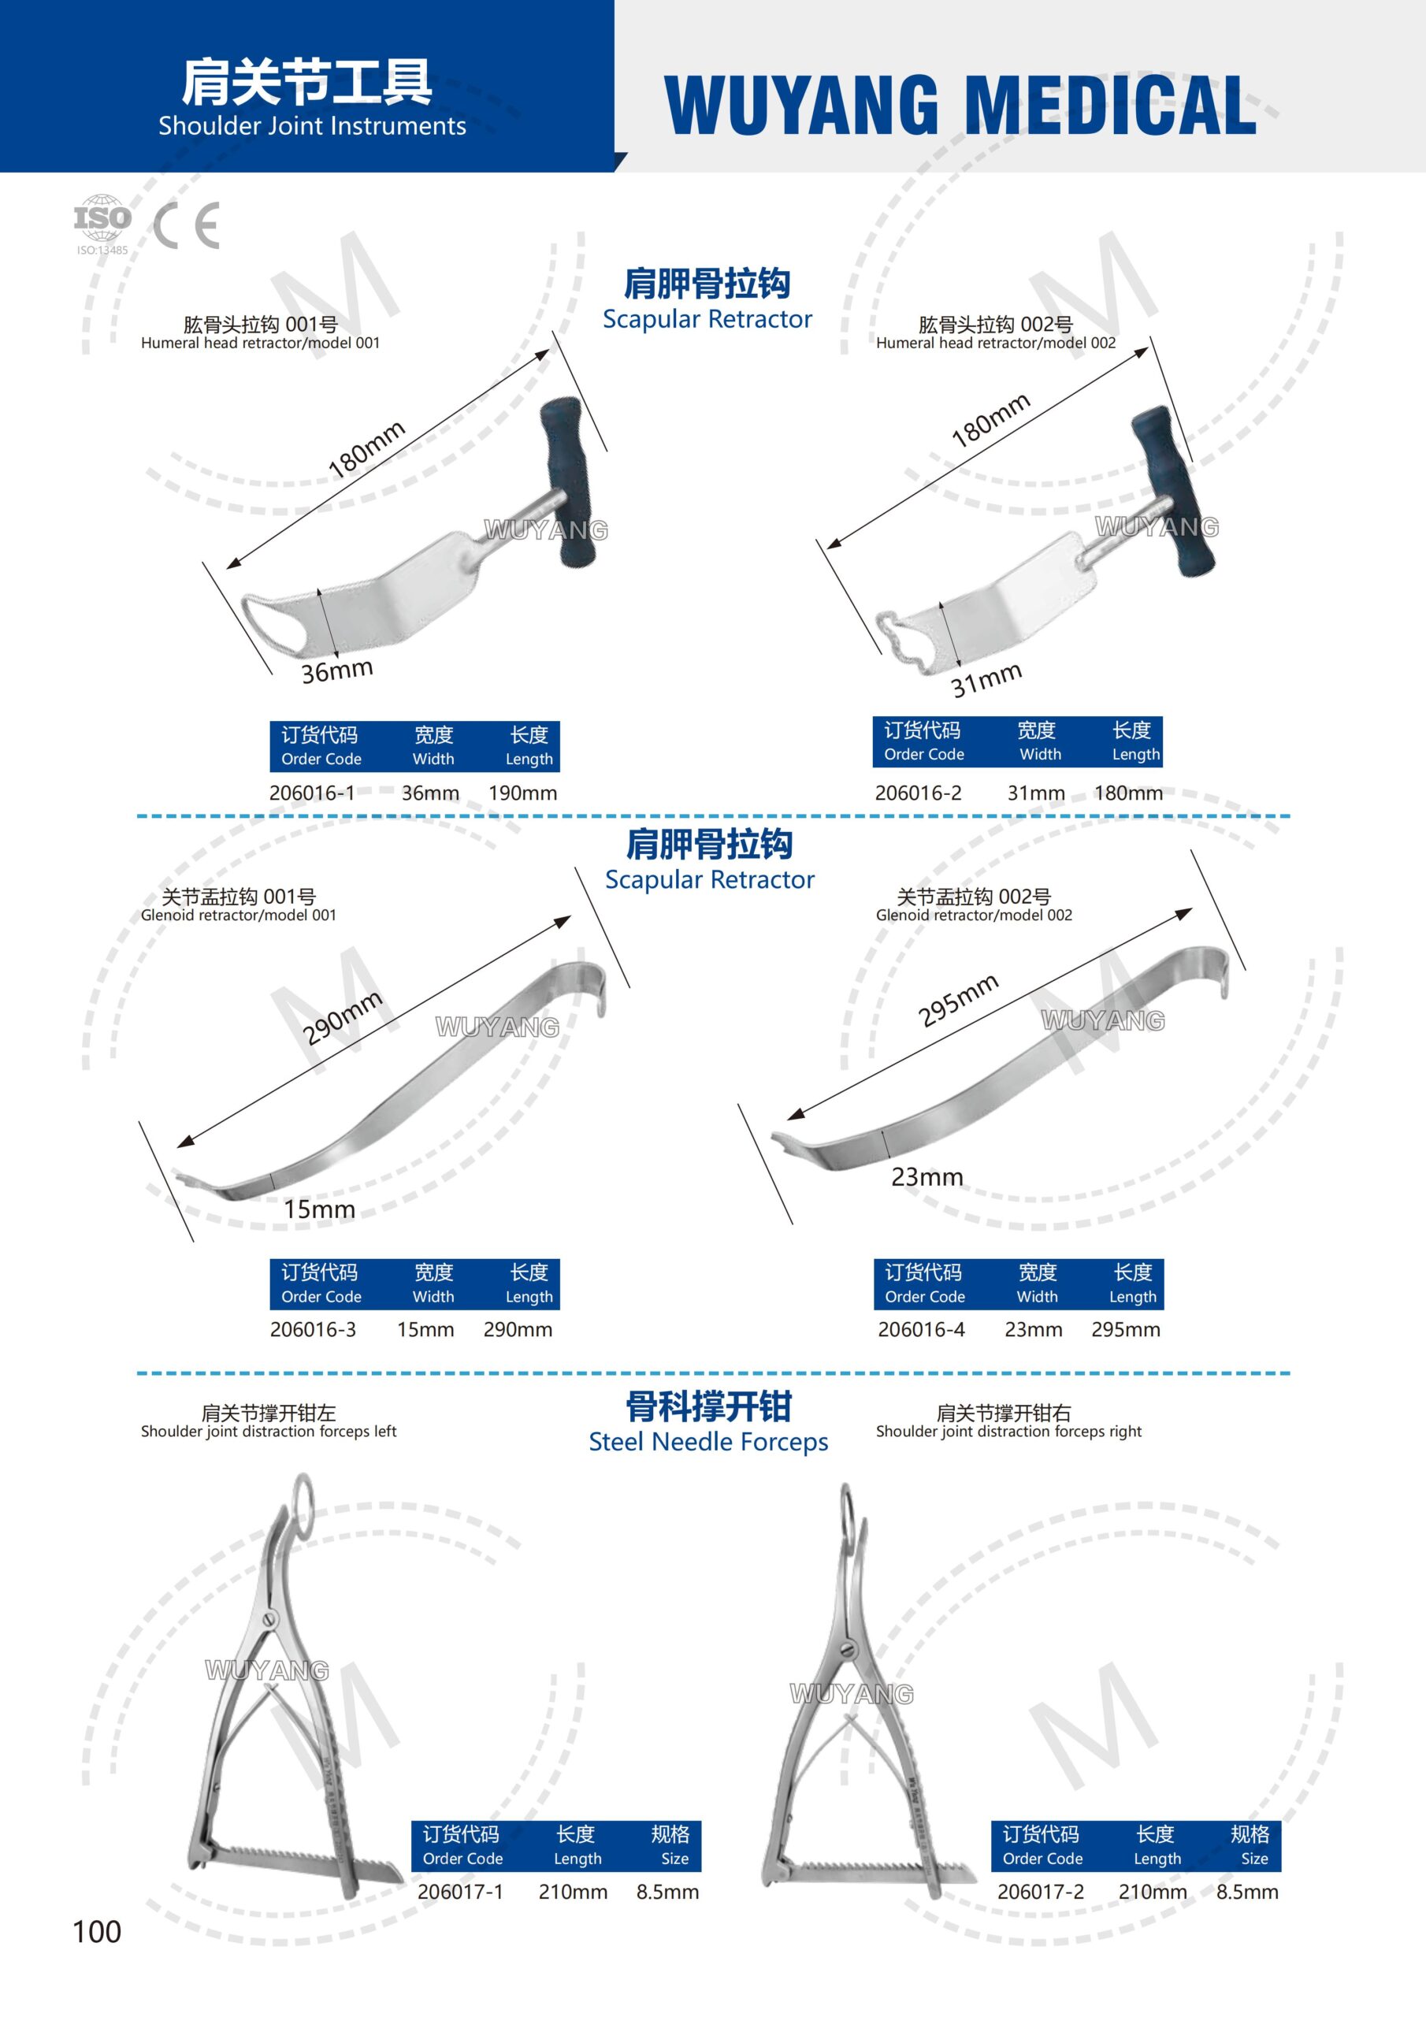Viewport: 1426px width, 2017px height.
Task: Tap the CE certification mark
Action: (x=186, y=226)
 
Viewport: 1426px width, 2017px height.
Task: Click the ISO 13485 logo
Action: (x=102, y=225)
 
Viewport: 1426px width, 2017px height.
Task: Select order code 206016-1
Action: (x=312, y=793)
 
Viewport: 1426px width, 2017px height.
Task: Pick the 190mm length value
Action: (x=523, y=793)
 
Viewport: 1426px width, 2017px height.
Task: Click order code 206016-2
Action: (x=918, y=793)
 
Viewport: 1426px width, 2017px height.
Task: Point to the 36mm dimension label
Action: (x=337, y=671)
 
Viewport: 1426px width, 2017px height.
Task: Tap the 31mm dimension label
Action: (x=986, y=679)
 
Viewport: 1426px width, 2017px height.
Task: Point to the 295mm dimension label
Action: (x=958, y=1000)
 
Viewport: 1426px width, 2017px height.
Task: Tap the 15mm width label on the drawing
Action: (x=319, y=1209)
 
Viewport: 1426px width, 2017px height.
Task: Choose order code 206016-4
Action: (x=921, y=1330)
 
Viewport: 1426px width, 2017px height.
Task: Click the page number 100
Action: (x=97, y=1932)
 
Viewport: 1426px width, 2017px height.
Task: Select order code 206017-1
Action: (x=460, y=1893)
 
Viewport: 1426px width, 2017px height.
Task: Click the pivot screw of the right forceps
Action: (x=848, y=1649)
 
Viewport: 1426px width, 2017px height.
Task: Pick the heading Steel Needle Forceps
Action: (x=708, y=1443)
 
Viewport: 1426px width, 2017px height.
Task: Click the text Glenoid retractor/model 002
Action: (x=974, y=916)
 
